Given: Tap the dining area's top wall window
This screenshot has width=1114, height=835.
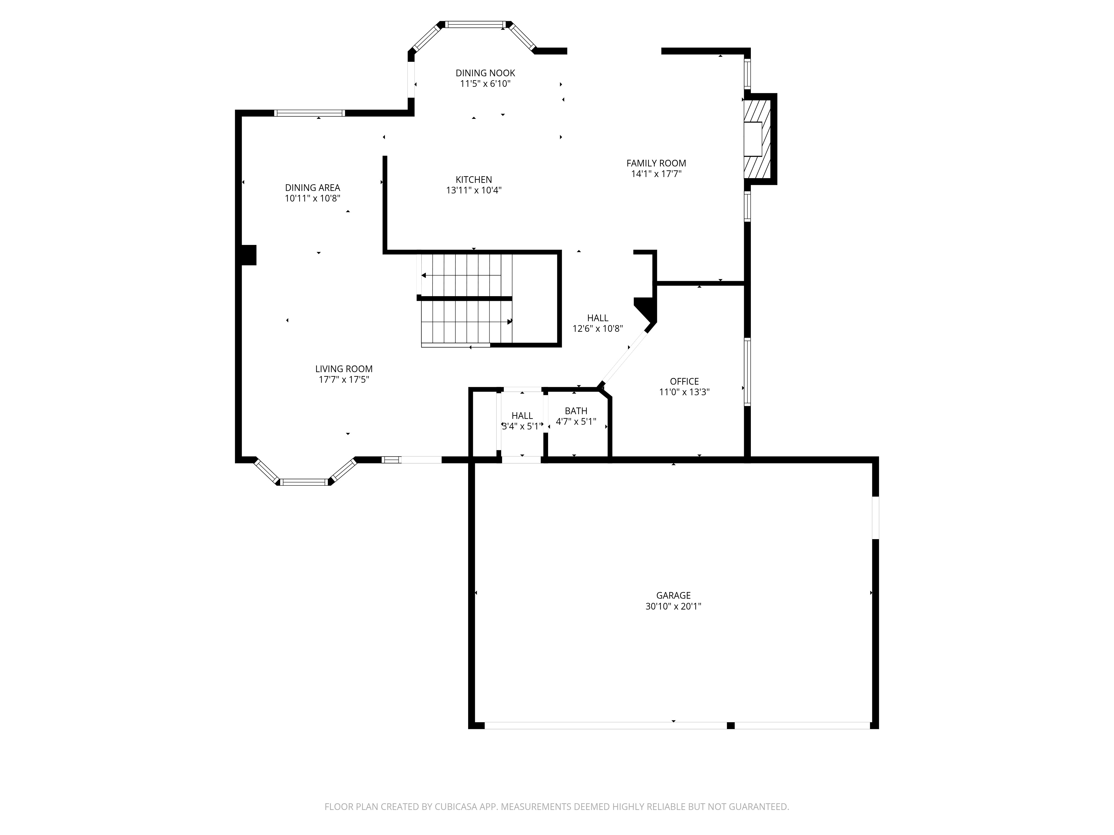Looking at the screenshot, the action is coord(309,113).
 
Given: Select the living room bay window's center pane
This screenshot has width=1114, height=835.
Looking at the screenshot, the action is coord(304,482).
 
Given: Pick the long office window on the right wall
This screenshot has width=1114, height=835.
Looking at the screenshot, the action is coord(747,372).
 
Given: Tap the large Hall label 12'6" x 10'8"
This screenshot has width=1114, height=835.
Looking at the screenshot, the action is coord(597,323).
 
